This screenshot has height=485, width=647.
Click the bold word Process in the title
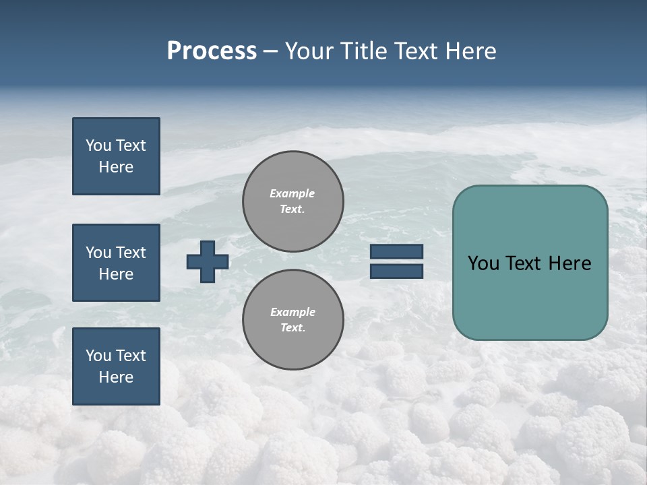pyautogui.click(x=212, y=51)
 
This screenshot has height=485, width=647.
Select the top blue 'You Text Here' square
pyautogui.click(x=116, y=156)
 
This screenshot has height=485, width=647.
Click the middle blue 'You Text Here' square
pyautogui.click(x=116, y=263)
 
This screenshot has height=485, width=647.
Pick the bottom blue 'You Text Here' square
pyautogui.click(x=116, y=366)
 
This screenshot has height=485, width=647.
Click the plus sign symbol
pyautogui.click(x=208, y=261)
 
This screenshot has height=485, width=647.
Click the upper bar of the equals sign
pyautogui.click(x=396, y=252)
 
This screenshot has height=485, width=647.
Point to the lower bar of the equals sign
pyautogui.click(x=396, y=271)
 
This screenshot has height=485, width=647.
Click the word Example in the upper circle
pyautogui.click(x=292, y=193)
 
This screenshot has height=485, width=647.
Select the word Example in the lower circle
pyautogui.click(x=292, y=312)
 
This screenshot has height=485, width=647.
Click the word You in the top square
pyautogui.click(x=98, y=145)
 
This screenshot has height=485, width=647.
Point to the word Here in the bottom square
pyautogui.click(x=116, y=377)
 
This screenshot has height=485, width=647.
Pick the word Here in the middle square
pyautogui.click(x=116, y=274)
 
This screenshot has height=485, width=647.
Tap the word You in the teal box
pyautogui.click(x=483, y=263)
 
